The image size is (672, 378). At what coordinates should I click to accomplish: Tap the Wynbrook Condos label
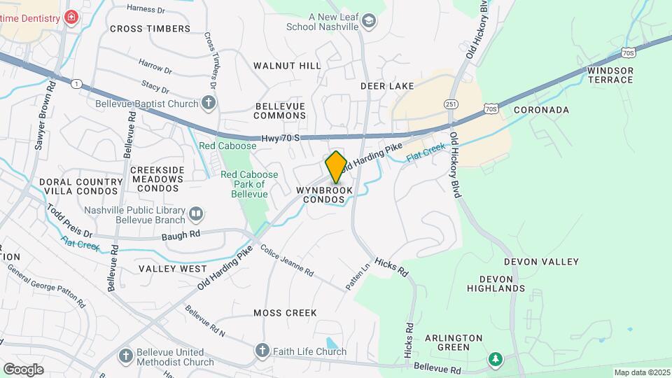point(325,195)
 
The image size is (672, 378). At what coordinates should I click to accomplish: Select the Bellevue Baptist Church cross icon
point(208,104)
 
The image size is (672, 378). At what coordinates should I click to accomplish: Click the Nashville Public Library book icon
point(195,213)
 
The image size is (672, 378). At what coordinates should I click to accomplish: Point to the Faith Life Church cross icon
point(262,351)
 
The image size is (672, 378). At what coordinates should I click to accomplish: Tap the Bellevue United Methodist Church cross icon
point(126,356)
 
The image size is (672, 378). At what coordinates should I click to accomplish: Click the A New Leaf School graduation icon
point(369,22)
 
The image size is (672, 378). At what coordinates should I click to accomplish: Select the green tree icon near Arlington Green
point(496,359)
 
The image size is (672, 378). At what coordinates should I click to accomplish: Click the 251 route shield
point(450,104)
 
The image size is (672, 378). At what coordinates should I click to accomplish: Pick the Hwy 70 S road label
point(281,138)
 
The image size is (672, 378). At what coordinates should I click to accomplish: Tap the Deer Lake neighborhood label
point(387,85)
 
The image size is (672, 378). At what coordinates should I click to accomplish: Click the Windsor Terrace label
point(610,75)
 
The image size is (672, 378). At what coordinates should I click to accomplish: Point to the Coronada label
point(541,110)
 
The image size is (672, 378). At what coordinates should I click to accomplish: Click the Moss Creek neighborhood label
point(285,313)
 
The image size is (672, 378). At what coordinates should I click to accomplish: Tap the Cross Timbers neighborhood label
point(150,29)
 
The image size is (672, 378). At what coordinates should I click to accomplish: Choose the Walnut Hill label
point(287,66)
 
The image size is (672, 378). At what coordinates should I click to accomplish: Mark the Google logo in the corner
point(23,369)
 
